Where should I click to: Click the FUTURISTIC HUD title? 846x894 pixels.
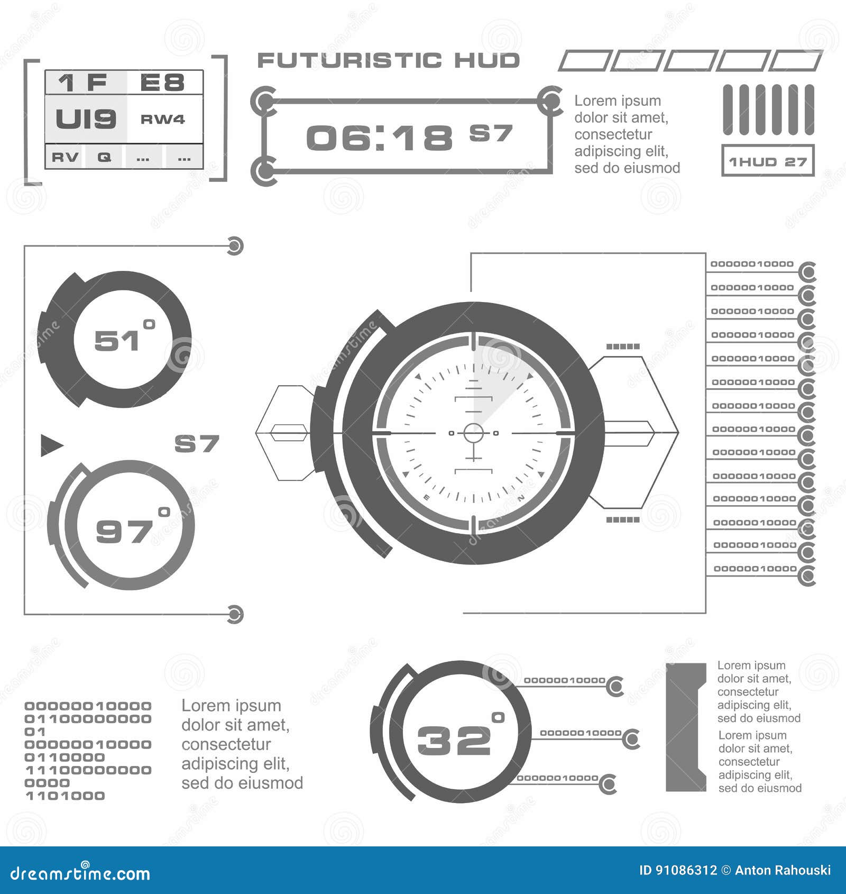coord(388,60)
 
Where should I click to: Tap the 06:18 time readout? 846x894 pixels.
coord(379,138)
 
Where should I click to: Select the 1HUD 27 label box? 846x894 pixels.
coord(768,161)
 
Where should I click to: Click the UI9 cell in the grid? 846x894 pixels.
coord(86,118)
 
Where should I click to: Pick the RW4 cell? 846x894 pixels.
coord(163,119)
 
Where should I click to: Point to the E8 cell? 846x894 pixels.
coord(162,83)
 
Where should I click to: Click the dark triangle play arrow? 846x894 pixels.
coord(51,445)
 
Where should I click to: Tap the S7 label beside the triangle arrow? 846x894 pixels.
coord(197,444)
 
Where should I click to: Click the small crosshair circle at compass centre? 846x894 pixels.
coord(473,433)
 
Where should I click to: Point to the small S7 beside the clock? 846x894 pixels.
coord(491,133)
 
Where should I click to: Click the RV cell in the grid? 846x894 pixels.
coord(65,157)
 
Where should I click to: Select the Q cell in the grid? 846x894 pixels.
coord(104,157)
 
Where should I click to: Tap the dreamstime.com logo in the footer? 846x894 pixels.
coord(80,874)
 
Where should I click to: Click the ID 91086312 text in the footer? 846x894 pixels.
coord(678,871)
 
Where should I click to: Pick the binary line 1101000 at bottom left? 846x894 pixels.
coord(65,796)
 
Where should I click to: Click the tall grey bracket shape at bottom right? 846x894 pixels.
coord(685,727)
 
